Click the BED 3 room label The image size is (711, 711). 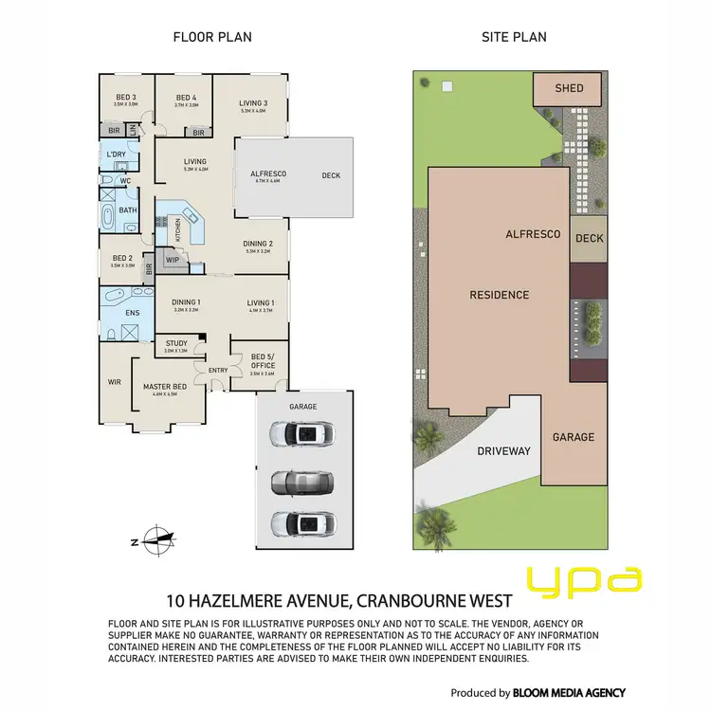(x=126, y=97)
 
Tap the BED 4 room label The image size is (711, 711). (x=186, y=97)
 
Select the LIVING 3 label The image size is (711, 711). (x=252, y=103)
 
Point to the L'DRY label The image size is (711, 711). (x=117, y=154)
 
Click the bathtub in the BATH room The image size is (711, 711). (x=107, y=217)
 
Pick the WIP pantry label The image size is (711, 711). (x=173, y=258)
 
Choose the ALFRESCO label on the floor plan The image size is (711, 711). (x=267, y=174)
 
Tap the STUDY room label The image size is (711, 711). (x=176, y=343)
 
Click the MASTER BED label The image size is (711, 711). (x=164, y=387)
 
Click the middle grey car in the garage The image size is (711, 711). (x=301, y=481)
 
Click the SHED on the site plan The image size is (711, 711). (x=570, y=88)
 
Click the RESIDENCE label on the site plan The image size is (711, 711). (x=500, y=295)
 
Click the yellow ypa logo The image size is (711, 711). (x=585, y=579)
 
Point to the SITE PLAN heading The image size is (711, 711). (x=513, y=37)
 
